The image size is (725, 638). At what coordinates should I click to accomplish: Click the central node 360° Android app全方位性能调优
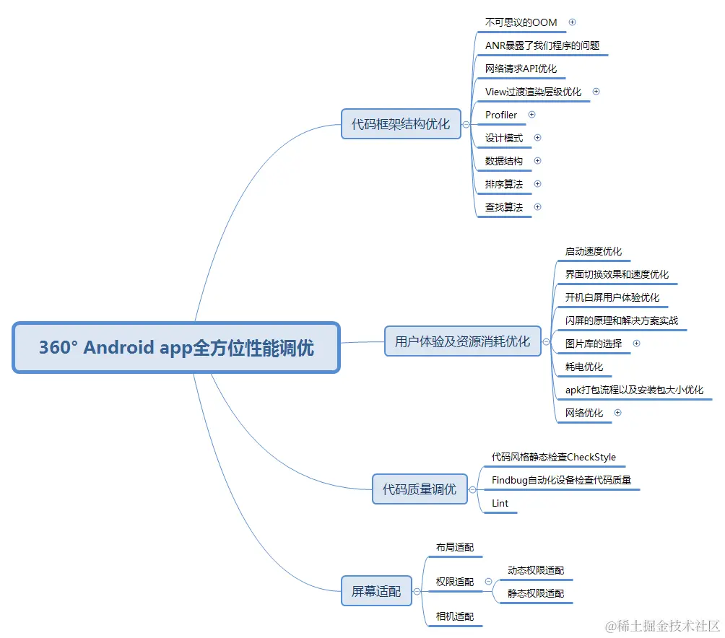(x=176, y=348)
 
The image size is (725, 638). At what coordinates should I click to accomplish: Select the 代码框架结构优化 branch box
(x=401, y=124)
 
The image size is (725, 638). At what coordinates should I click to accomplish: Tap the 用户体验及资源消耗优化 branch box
(x=462, y=341)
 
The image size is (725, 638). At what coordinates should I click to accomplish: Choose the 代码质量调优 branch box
(x=419, y=489)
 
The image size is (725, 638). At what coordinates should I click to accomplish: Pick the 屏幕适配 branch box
(x=375, y=591)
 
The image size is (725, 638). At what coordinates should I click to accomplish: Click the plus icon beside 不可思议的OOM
(x=573, y=22)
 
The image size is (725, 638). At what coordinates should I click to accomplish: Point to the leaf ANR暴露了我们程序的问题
(x=542, y=45)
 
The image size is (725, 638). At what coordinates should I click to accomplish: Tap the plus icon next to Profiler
(x=532, y=115)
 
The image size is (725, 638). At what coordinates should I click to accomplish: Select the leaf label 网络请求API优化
(x=521, y=69)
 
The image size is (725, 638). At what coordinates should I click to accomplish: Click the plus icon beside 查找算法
(x=537, y=207)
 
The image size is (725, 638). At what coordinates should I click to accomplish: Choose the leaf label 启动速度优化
(x=593, y=251)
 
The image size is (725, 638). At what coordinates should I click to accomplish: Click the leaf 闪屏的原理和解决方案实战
(x=621, y=320)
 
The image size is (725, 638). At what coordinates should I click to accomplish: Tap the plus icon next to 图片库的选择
(x=636, y=344)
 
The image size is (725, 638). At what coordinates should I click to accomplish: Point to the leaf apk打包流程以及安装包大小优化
(x=634, y=390)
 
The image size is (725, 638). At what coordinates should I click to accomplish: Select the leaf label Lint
(x=500, y=503)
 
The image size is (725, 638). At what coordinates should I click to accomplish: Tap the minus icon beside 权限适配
(x=489, y=582)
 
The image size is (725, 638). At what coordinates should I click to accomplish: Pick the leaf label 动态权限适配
(x=535, y=570)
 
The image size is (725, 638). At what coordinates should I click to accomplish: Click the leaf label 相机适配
(x=454, y=616)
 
